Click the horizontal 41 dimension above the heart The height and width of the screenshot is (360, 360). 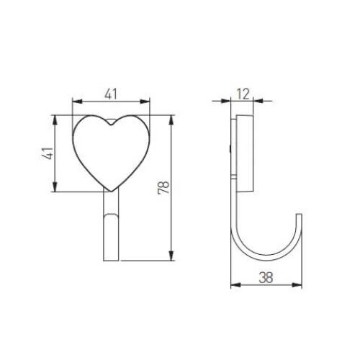(111, 92)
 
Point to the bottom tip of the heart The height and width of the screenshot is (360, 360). (111, 191)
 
